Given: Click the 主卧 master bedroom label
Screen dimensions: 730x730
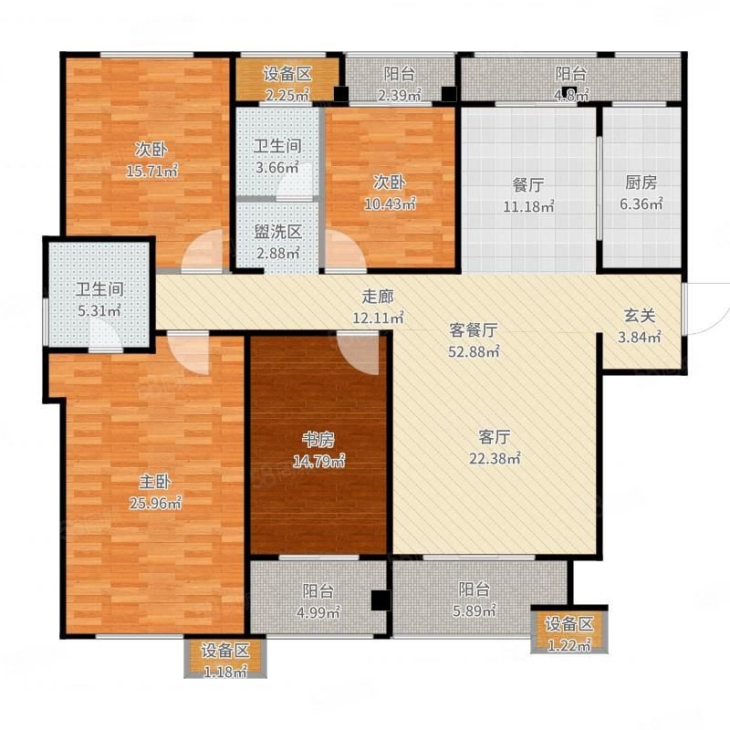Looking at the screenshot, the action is coord(154,482).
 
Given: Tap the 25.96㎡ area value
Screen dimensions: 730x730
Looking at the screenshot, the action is coord(155,503).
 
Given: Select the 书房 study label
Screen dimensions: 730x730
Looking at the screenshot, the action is coord(318,439).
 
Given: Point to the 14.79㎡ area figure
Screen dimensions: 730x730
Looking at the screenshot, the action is coord(318,461).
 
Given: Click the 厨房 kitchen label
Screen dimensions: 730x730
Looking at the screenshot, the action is coord(641,182).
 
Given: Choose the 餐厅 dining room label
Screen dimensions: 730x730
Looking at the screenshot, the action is coord(528,185).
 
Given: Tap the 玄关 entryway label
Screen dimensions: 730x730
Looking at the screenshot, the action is coord(640,316).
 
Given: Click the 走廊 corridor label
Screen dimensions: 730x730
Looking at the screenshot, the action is coord(378,297).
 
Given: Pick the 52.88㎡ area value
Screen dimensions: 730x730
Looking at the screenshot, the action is coord(474,351).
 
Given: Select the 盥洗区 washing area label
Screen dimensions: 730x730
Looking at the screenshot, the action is coord(278,232).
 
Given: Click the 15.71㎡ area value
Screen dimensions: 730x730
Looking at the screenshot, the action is coord(152,171).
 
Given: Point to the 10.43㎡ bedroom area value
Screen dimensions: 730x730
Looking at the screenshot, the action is coord(390,203).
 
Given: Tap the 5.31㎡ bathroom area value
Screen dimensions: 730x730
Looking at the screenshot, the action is coord(99,310).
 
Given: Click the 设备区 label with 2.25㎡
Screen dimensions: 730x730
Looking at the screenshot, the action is coord(287,74).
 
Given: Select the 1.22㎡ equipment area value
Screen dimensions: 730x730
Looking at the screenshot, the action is coord(568,646).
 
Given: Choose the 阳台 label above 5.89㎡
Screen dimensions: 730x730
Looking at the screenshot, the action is coord(474,589).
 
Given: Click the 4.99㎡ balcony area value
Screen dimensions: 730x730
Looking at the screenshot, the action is coord(318,611).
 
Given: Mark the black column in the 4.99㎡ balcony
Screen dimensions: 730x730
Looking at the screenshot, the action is coord(380,600).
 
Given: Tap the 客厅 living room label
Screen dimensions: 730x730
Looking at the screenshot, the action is coord(495,437).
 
